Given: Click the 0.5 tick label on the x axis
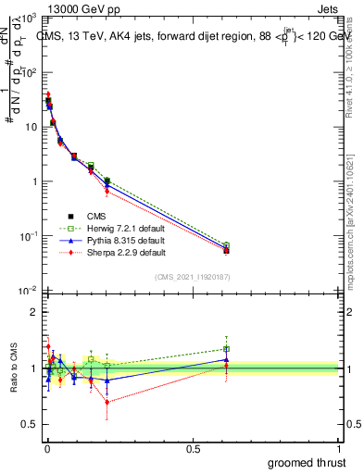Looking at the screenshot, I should [193, 447].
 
